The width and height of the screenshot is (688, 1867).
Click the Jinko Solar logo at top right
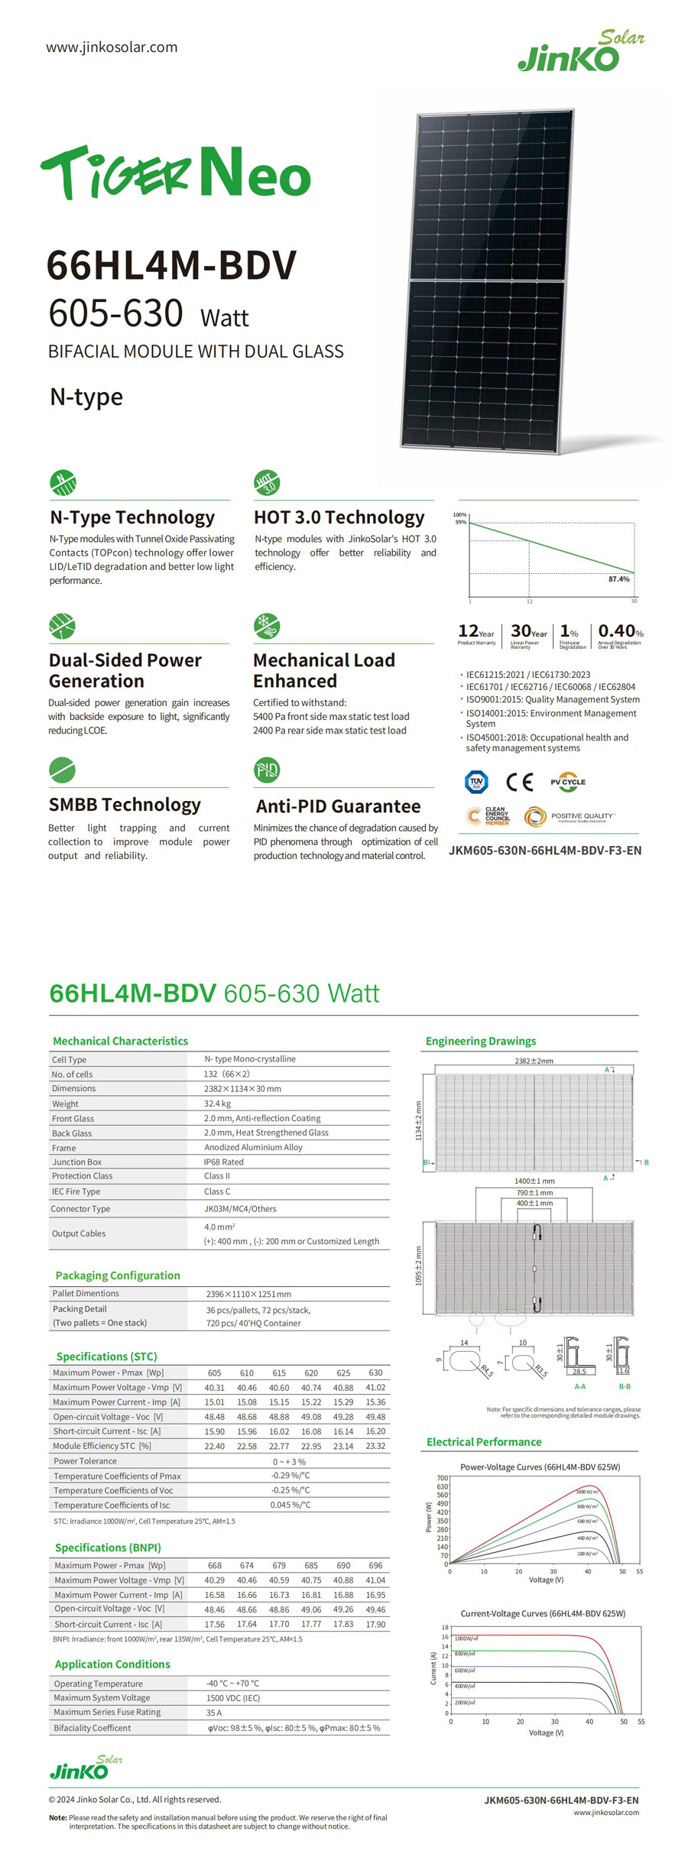tap(580, 52)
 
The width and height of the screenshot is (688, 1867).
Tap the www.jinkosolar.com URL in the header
tap(112, 47)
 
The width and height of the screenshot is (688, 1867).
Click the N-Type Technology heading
tap(132, 517)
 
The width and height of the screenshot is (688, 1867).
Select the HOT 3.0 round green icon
tap(267, 482)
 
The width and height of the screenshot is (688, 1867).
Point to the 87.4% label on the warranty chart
tap(618, 579)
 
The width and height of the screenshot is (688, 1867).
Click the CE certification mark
tap(519, 782)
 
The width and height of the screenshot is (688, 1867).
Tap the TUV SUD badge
tap(476, 782)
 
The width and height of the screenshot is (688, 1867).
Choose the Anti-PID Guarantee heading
tap(338, 806)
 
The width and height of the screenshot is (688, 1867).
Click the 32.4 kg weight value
tap(217, 1104)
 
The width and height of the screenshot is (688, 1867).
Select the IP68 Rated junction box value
tap(223, 1162)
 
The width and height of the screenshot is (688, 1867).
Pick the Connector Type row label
tap(80, 1209)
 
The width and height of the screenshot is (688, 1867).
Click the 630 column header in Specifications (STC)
tap(375, 1373)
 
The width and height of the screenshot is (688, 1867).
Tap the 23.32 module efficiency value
tap(375, 1446)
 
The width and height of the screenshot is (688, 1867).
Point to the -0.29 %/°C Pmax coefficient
tap(290, 1476)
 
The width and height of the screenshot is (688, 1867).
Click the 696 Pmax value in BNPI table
tap(375, 1565)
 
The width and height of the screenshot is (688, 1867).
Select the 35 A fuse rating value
tap(213, 1713)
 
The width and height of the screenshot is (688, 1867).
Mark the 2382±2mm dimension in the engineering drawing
tap(534, 1061)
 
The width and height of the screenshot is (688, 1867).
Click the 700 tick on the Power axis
tap(442, 1478)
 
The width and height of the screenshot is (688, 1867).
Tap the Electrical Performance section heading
tap(484, 1442)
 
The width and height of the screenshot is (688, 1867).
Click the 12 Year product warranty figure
tap(475, 632)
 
